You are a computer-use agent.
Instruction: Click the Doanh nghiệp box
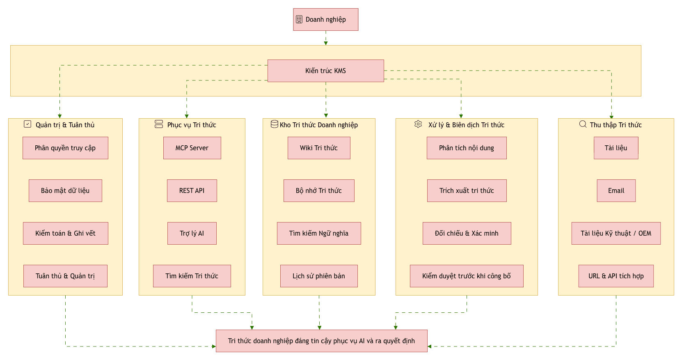click(325, 19)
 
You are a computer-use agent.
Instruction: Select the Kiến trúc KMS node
click(325, 71)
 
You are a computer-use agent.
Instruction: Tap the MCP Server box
click(192, 148)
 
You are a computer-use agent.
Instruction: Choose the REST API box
click(192, 190)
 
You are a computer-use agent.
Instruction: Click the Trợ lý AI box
click(192, 233)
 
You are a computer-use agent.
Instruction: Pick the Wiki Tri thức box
click(319, 148)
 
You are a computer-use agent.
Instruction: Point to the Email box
click(616, 190)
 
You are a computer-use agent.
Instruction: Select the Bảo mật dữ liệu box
click(66, 190)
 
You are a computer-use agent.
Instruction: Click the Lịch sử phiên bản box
click(319, 276)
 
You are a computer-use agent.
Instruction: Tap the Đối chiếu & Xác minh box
click(467, 233)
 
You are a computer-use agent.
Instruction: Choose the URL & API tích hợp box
click(616, 276)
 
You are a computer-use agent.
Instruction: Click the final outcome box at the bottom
click(322, 341)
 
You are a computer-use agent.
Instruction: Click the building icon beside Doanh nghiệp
click(299, 19)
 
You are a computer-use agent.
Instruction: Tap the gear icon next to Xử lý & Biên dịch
click(418, 124)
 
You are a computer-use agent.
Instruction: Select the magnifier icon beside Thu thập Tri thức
click(583, 124)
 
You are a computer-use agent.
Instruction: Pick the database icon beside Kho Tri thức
click(275, 124)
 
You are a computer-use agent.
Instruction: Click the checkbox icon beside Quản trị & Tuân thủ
click(27, 124)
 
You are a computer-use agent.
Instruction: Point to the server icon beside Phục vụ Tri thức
click(159, 124)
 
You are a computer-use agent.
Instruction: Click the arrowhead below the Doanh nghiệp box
click(326, 43)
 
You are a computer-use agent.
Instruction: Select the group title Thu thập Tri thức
click(616, 125)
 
